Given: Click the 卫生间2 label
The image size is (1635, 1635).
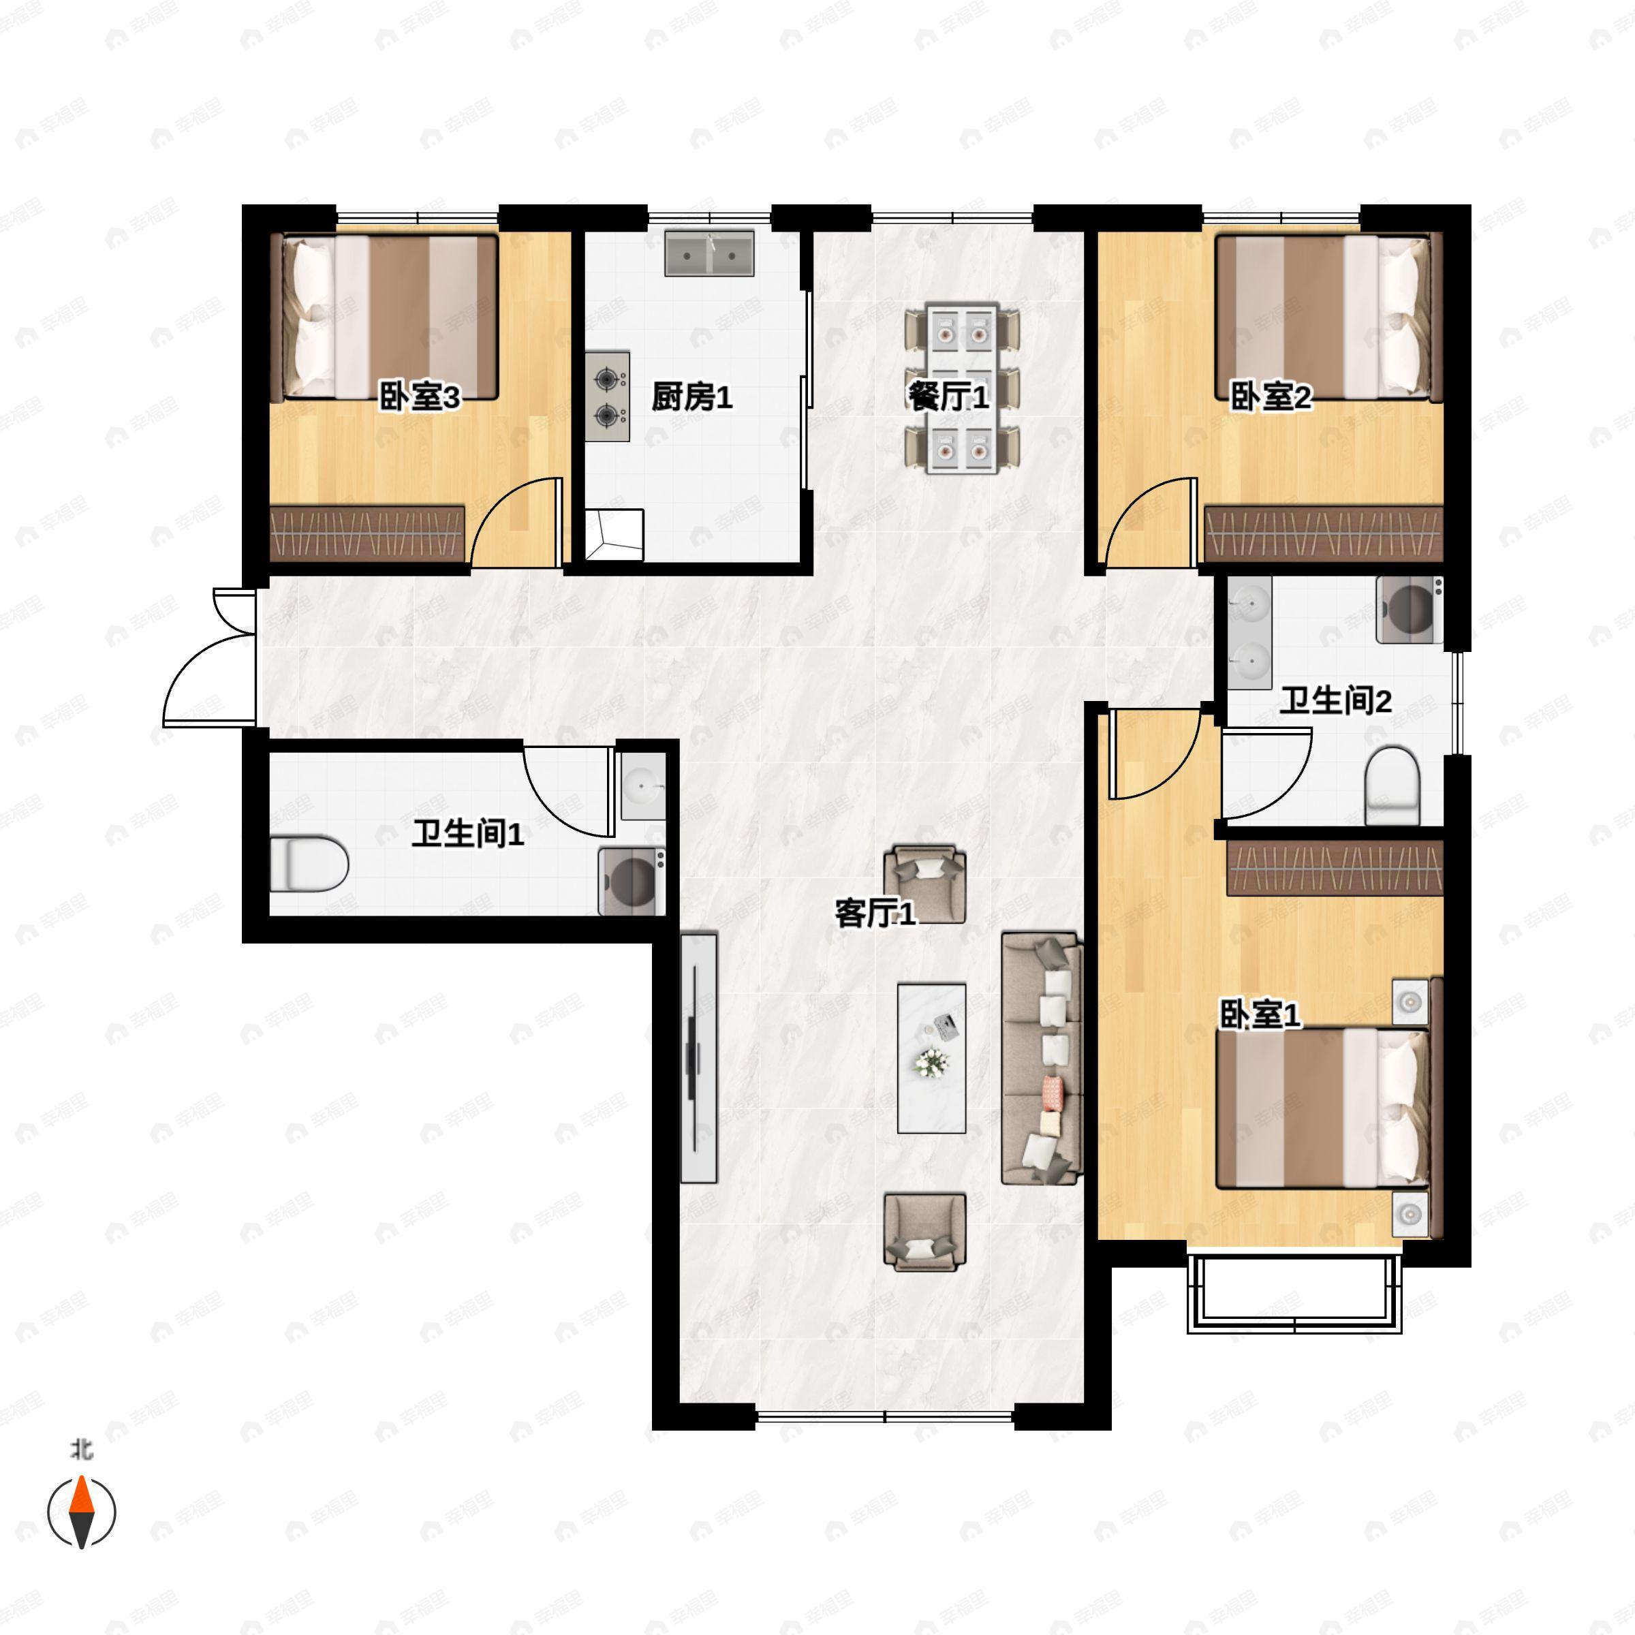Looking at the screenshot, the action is tap(1335, 701).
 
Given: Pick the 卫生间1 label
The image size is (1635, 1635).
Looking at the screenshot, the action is tap(468, 834).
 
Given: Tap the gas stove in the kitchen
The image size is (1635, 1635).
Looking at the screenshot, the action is tap(608, 396).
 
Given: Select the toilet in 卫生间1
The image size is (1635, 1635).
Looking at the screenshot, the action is tap(309, 863).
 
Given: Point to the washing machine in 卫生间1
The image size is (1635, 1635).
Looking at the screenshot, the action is tap(632, 881).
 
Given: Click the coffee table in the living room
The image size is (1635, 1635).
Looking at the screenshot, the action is tap(932, 1058).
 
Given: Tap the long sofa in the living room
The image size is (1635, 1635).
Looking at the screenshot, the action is tap(1042, 1058).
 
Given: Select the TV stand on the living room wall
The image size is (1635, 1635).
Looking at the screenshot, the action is tap(699, 1058).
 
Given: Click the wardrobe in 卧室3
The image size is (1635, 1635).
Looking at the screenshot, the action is tap(368, 534).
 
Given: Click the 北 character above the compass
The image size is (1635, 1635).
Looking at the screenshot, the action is tap(81, 1450).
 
